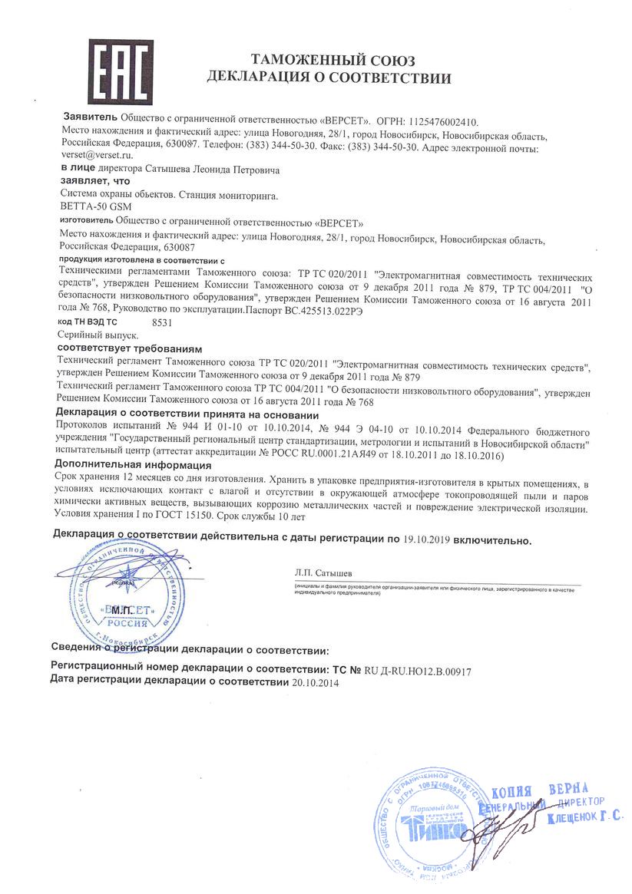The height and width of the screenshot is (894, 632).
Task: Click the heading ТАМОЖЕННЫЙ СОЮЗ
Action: (329, 60)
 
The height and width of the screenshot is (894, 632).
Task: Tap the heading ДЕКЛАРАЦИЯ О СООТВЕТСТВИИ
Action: (329, 77)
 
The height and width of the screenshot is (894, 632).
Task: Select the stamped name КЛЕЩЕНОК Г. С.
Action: (585, 819)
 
